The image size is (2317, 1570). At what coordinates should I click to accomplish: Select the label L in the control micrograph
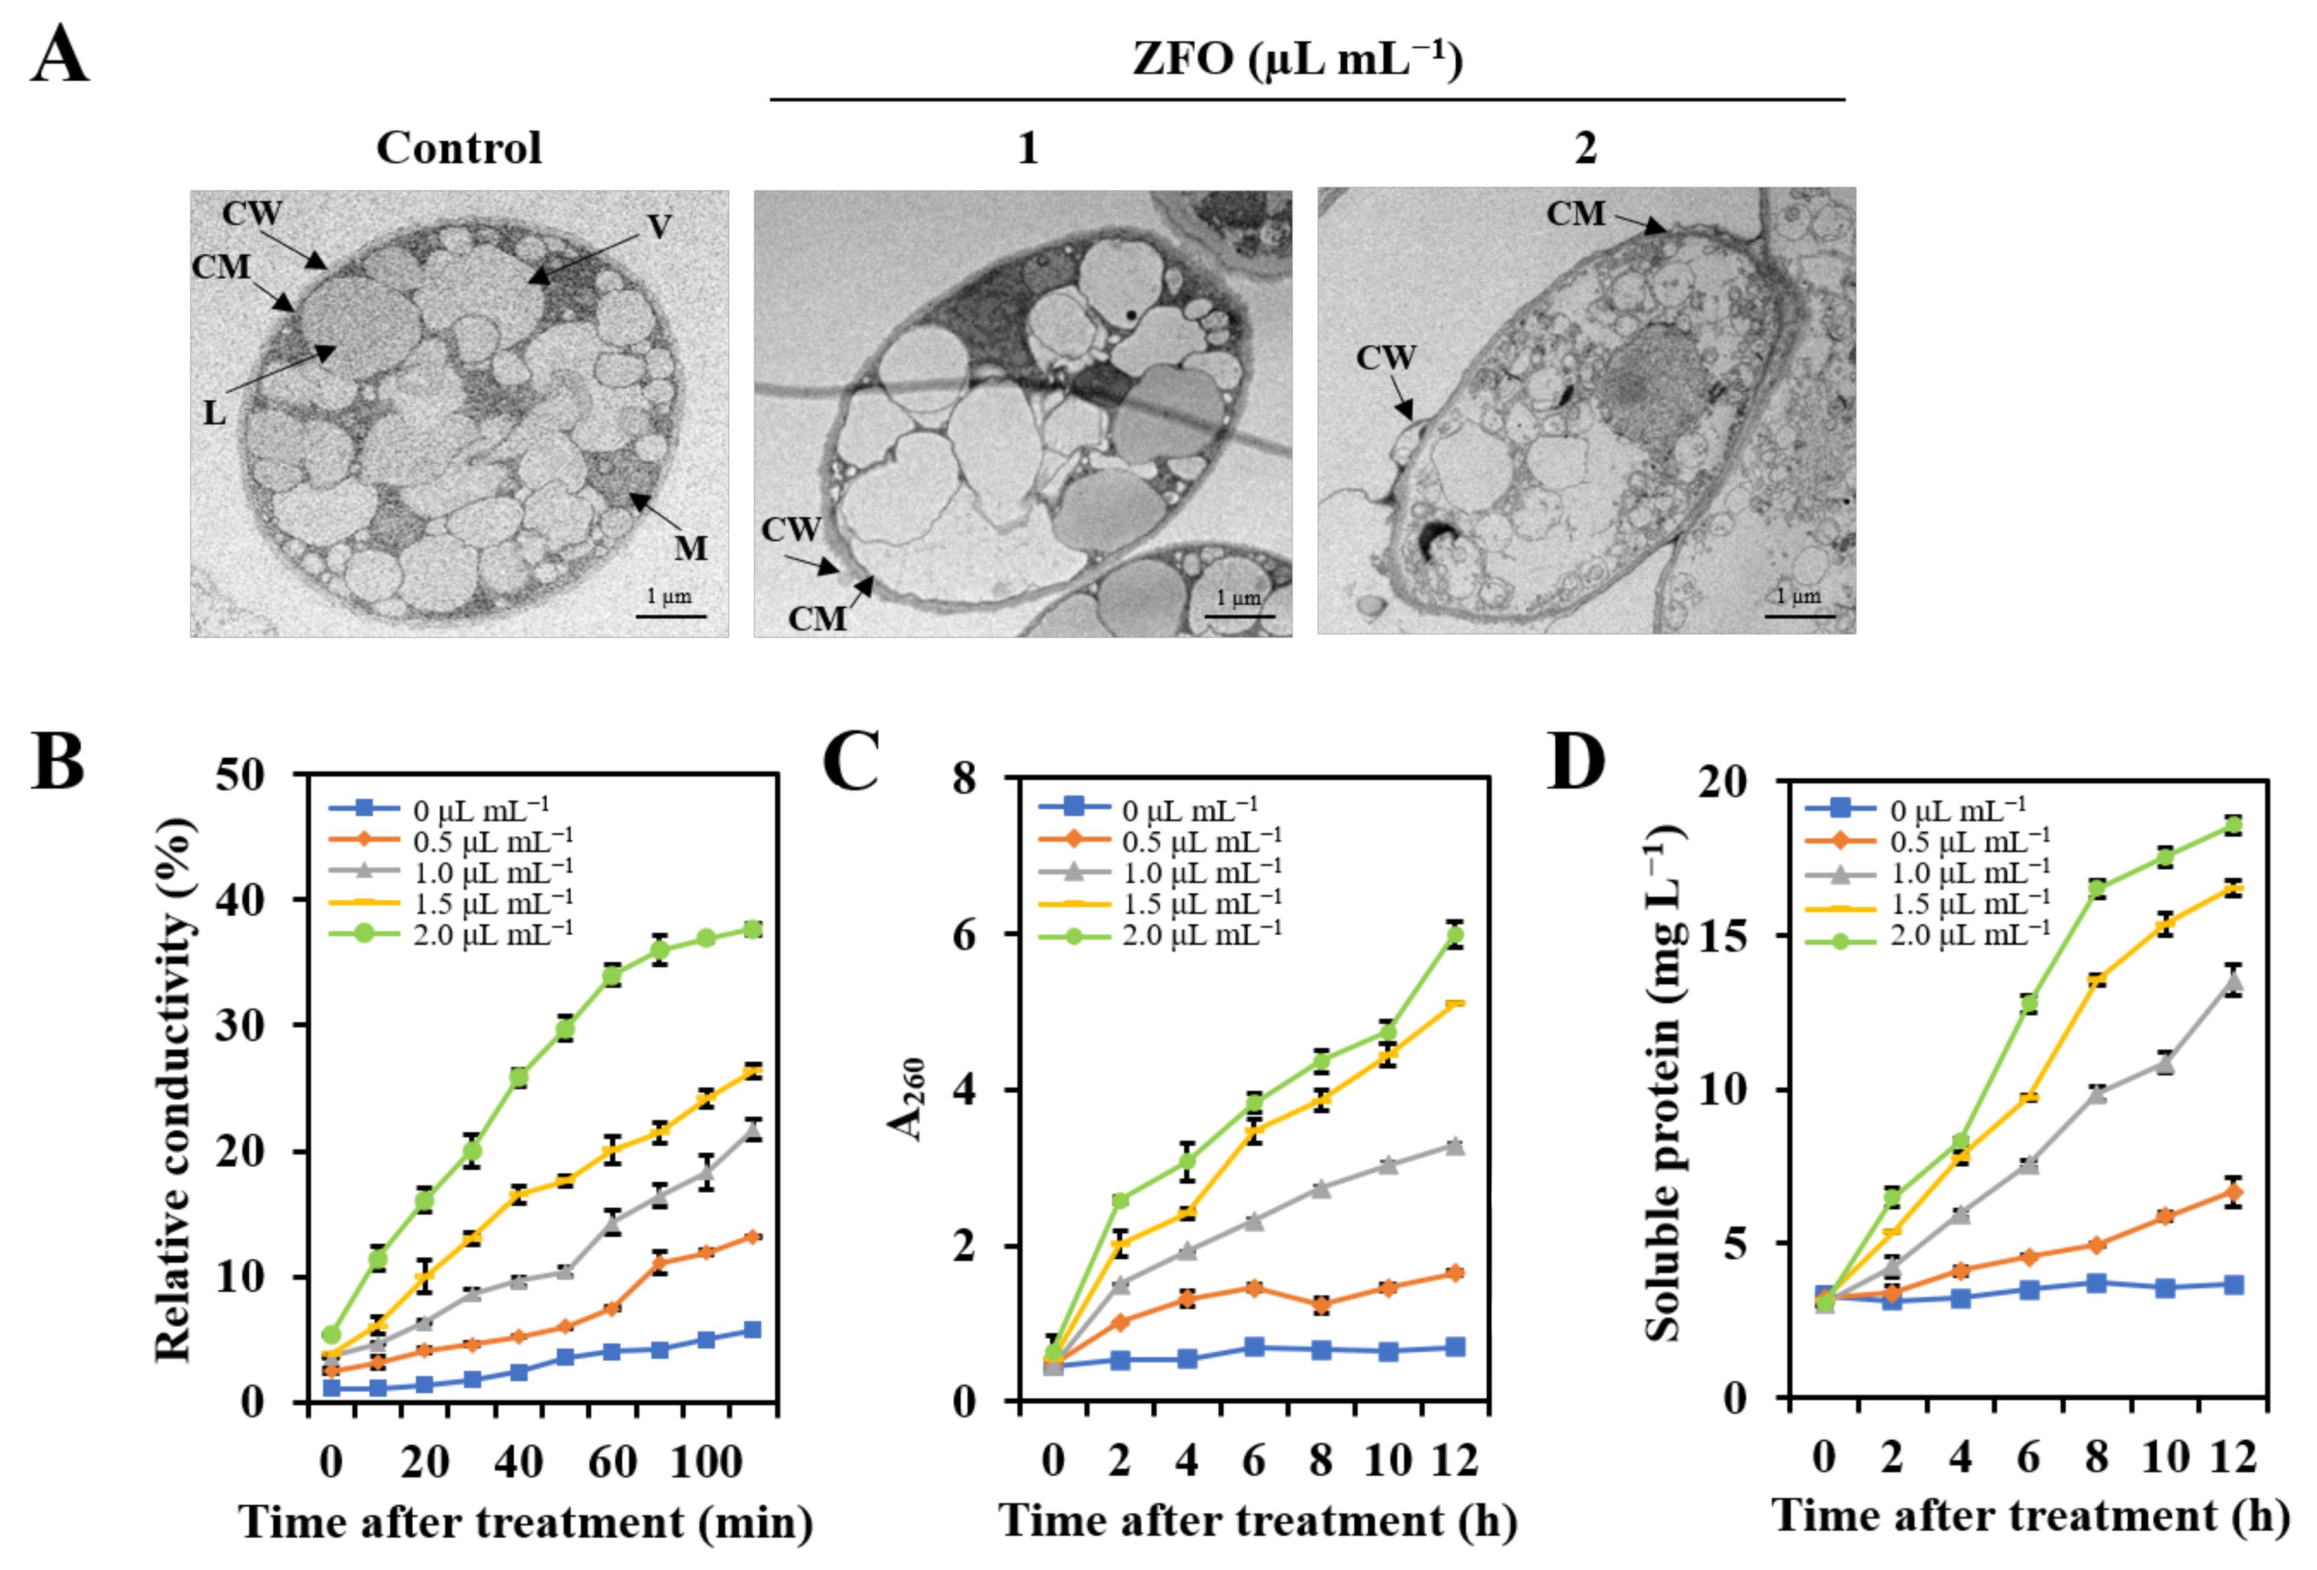[x=215, y=411]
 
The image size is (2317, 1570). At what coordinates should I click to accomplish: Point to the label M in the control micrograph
[x=691, y=547]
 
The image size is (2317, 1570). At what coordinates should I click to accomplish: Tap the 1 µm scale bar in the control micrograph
[x=670, y=615]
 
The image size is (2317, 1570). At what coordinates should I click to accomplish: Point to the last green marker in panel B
[x=753, y=929]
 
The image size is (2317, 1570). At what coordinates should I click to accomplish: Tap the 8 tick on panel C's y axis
[x=963, y=778]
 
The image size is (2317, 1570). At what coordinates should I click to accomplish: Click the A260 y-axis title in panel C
[x=907, y=1097]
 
